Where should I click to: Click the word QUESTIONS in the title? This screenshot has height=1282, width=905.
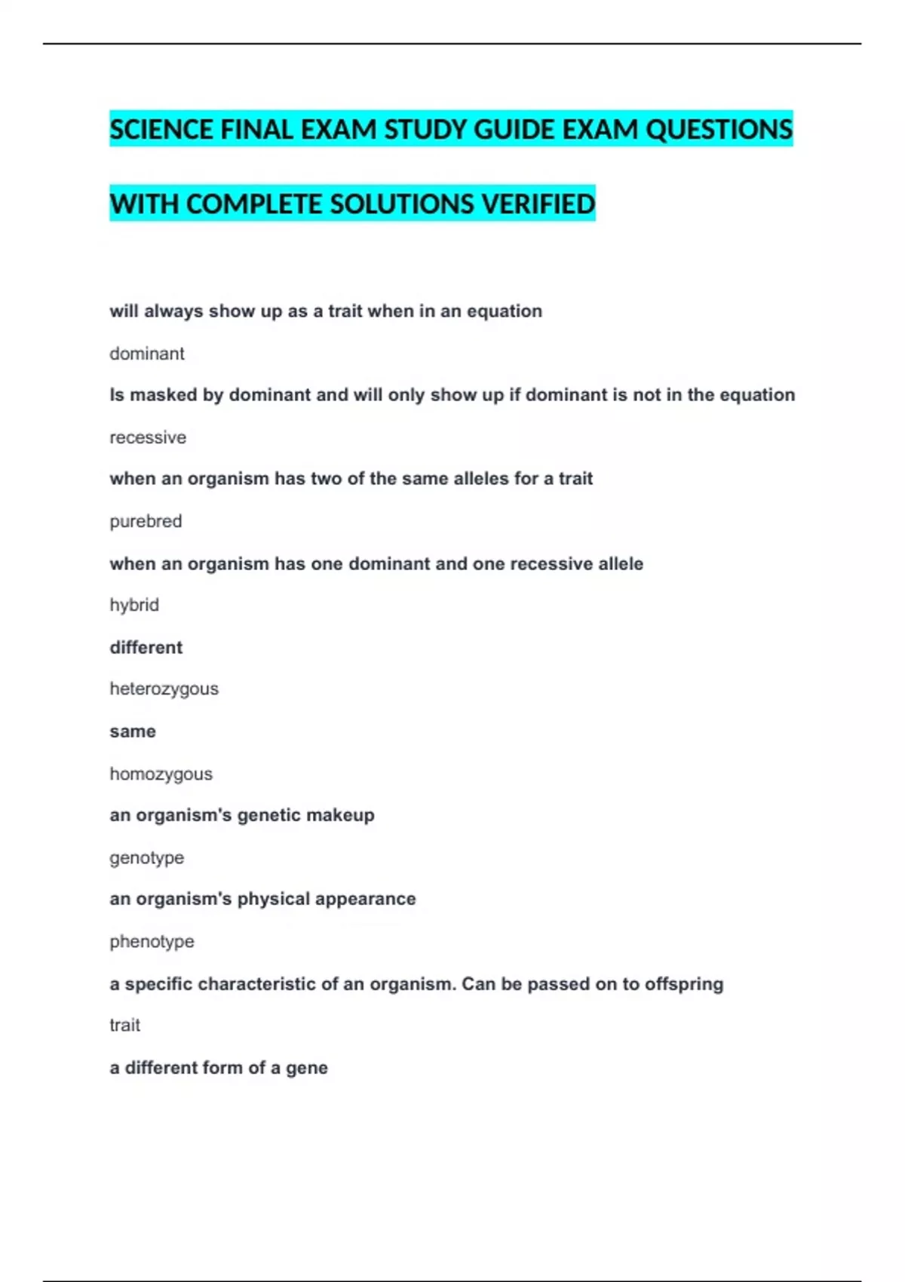(719, 130)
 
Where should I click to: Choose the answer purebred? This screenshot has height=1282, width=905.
(146, 521)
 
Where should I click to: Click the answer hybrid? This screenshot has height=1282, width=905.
(134, 605)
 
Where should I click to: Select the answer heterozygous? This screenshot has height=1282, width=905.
(164, 689)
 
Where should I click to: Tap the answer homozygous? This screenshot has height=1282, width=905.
(161, 774)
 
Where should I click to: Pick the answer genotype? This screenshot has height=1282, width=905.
(146, 857)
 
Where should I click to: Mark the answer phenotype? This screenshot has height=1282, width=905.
(152, 941)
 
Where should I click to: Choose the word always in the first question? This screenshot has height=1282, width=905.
(173, 311)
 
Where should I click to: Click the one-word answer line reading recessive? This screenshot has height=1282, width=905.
(148, 437)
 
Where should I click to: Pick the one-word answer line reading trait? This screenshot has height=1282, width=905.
(124, 1025)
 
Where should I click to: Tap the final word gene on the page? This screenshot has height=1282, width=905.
(307, 1068)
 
